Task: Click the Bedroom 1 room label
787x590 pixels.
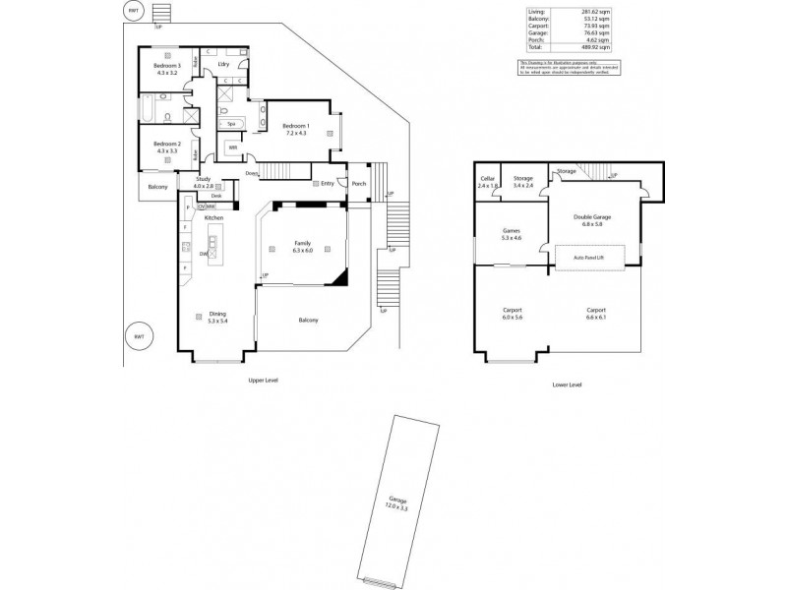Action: pos(295,126)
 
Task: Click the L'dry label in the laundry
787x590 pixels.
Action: pos(222,64)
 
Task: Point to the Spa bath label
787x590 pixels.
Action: pos(230,124)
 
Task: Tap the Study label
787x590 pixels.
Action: pos(203,179)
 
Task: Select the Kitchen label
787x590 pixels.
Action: pos(215,217)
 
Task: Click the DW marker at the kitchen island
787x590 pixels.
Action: pos(203,254)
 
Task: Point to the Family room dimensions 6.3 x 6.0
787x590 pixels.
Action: pos(302,251)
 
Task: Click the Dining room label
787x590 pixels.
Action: pos(217,315)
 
